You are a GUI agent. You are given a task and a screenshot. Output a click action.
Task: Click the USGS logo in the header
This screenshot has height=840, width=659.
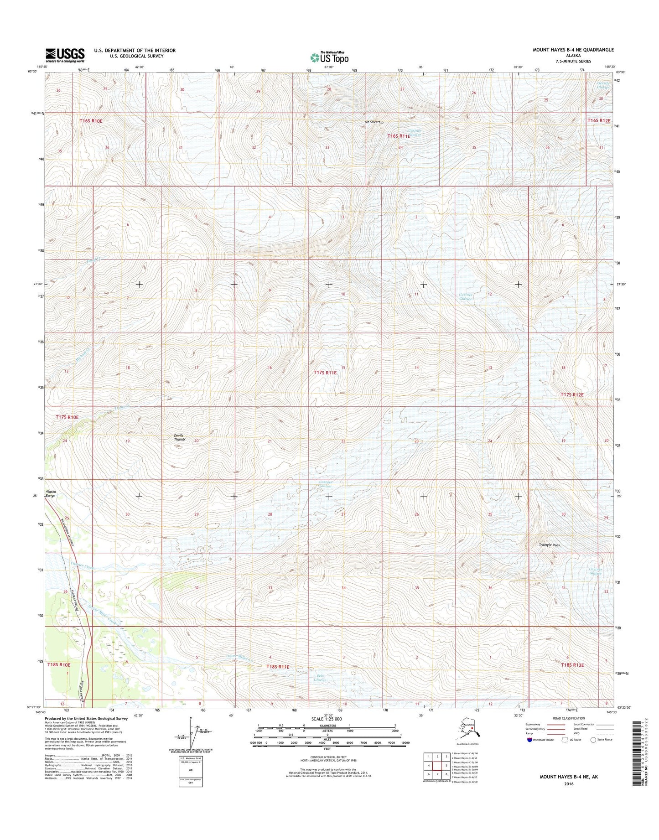coord(64,55)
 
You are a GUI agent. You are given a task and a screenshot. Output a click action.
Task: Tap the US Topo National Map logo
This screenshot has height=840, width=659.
coord(329,57)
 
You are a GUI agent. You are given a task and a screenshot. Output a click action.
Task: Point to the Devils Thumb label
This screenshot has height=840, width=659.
coord(179,437)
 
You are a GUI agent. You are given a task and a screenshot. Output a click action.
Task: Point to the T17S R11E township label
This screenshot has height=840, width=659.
coord(325,373)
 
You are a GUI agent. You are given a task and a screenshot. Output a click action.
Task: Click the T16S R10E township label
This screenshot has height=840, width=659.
coord(91,121)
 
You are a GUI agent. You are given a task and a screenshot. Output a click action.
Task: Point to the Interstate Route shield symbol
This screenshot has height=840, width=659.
coord(529,740)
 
